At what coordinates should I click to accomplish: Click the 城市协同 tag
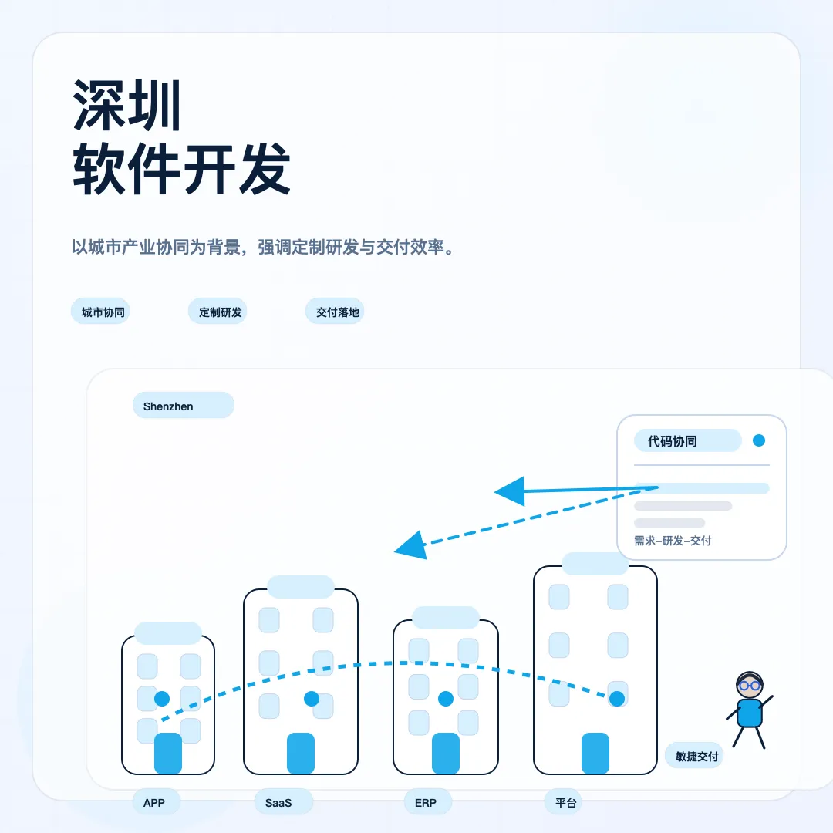[x=100, y=312]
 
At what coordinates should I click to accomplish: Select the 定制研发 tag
[x=218, y=312]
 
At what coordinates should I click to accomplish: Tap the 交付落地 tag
[x=335, y=312]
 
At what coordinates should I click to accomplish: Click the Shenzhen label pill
[x=184, y=406]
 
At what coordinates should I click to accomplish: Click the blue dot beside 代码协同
[x=759, y=440]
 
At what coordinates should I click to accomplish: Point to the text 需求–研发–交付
[x=673, y=541]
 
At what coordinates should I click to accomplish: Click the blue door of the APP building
[x=168, y=754]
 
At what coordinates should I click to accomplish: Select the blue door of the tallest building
[x=595, y=754]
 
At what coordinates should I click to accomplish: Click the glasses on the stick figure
[x=750, y=686]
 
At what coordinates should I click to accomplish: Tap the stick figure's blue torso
[x=750, y=713]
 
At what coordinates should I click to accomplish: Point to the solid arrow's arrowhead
[x=510, y=491]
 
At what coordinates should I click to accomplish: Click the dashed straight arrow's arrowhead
[x=411, y=545]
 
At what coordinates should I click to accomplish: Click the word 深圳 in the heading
[x=127, y=105]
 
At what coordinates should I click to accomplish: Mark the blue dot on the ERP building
[x=446, y=699]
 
